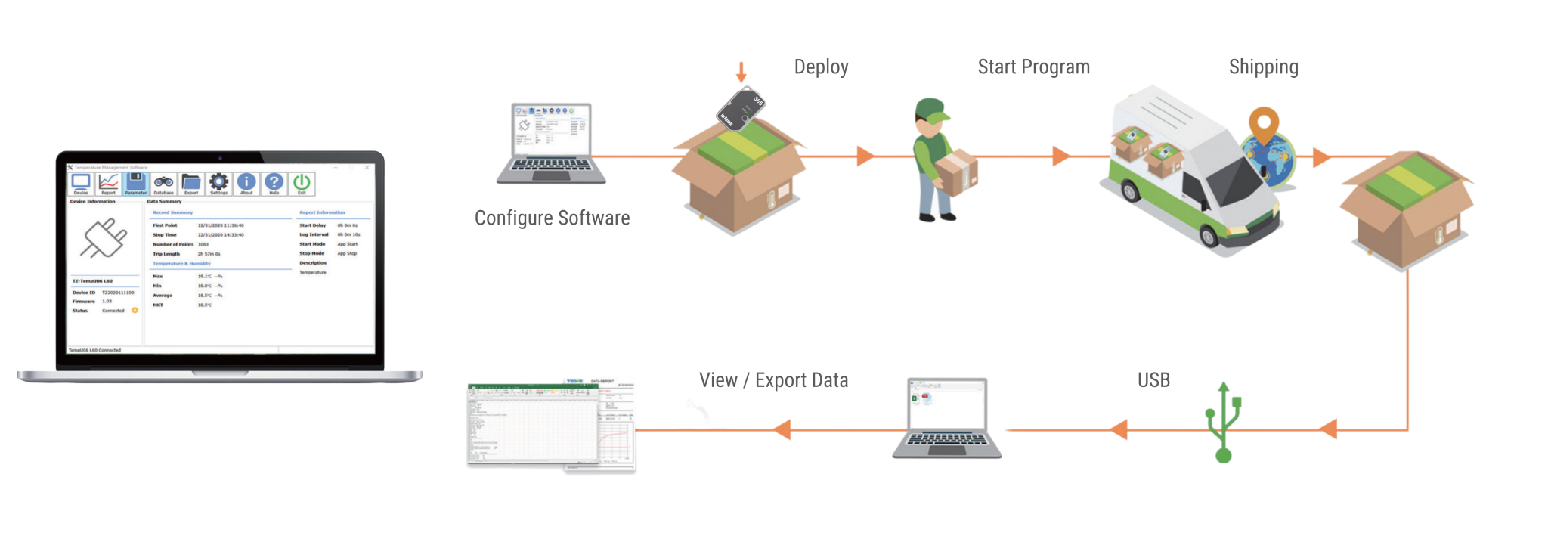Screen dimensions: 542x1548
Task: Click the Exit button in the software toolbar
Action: click(x=302, y=183)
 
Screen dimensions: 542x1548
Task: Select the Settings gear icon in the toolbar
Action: click(x=218, y=183)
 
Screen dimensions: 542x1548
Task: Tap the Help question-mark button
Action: click(x=274, y=183)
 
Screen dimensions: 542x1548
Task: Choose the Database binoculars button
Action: click(x=163, y=183)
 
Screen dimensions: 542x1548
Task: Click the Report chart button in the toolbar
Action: click(x=108, y=183)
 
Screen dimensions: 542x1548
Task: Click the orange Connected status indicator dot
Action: click(x=135, y=311)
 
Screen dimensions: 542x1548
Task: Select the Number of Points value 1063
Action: click(x=203, y=245)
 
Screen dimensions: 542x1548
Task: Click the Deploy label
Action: click(x=821, y=67)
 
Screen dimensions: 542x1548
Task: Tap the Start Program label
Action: click(x=1033, y=67)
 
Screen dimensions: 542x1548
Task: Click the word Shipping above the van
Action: click(x=1263, y=67)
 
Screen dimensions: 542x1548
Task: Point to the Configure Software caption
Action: click(x=552, y=218)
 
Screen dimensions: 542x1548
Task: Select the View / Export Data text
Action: click(x=773, y=380)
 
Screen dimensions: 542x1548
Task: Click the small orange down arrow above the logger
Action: click(x=741, y=73)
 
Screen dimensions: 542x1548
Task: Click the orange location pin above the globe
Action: click(x=1262, y=123)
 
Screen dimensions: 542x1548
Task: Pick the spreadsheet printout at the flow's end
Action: click(x=550, y=425)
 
